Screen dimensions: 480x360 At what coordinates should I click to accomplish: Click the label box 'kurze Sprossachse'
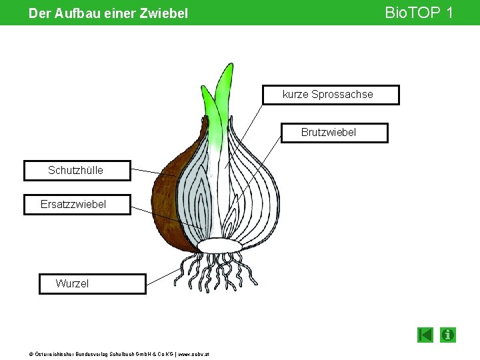tap(331, 95)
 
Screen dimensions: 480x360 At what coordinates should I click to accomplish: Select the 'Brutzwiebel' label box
tap(333, 133)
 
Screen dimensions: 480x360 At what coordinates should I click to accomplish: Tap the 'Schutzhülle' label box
tap(77, 170)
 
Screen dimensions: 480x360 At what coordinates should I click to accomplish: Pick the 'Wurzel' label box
tap(92, 283)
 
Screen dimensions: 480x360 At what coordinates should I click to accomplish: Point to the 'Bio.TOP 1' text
tap(419, 12)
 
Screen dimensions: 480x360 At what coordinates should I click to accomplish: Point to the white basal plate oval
tap(219, 246)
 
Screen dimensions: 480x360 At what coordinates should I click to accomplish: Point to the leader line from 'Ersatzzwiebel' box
tap(167, 217)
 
